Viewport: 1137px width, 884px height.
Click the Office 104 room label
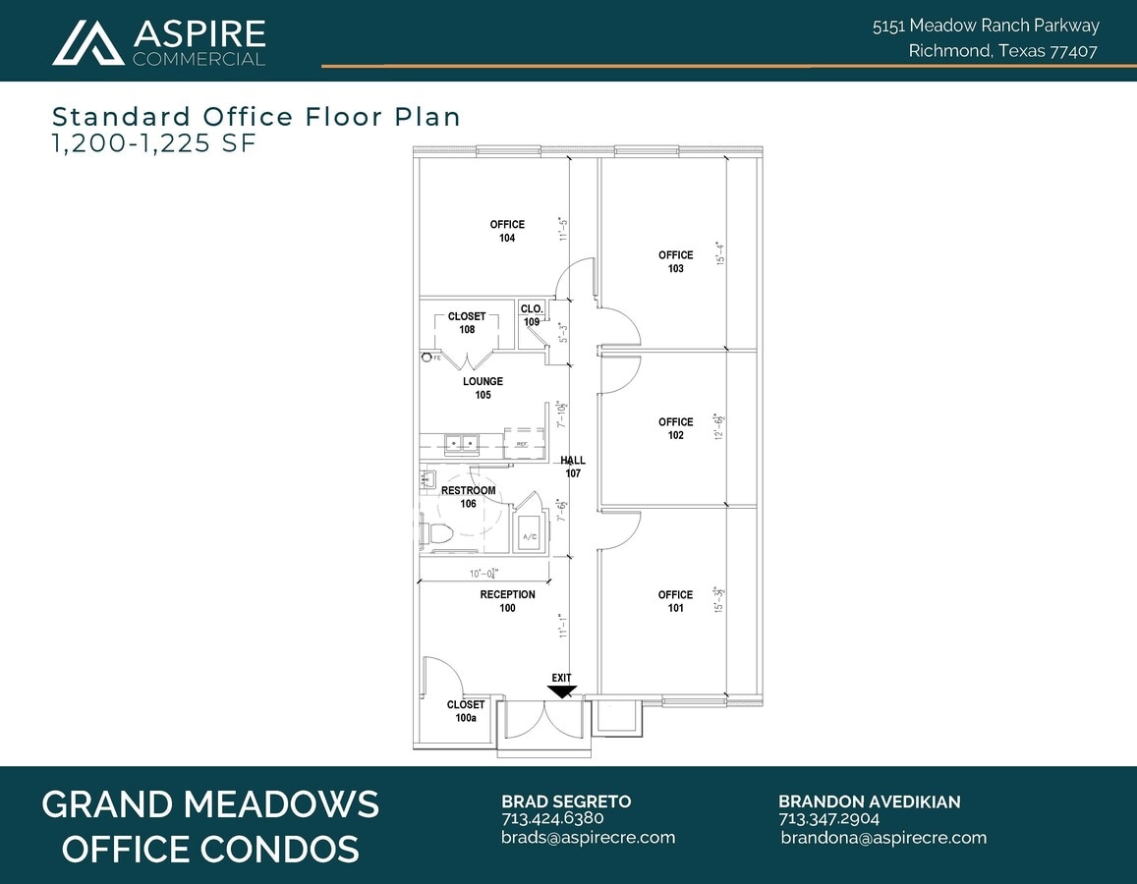(507, 231)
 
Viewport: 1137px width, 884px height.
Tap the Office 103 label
(675, 261)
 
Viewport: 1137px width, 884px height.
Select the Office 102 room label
(675, 428)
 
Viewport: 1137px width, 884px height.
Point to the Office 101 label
(675, 601)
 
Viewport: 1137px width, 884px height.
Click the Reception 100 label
(507, 601)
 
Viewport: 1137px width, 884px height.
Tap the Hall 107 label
(573, 467)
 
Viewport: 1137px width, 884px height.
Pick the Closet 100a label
(466, 711)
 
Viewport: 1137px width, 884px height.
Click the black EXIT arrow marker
(562, 691)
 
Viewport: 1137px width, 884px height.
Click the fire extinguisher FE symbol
(427, 358)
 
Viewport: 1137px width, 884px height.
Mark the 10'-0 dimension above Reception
(483, 573)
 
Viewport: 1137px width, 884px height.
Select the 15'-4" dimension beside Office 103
(720, 254)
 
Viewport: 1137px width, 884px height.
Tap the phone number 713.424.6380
(552, 818)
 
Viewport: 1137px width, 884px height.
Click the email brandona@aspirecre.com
(883, 838)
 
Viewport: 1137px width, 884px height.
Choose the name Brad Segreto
(566, 801)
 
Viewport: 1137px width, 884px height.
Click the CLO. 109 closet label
(532, 315)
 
